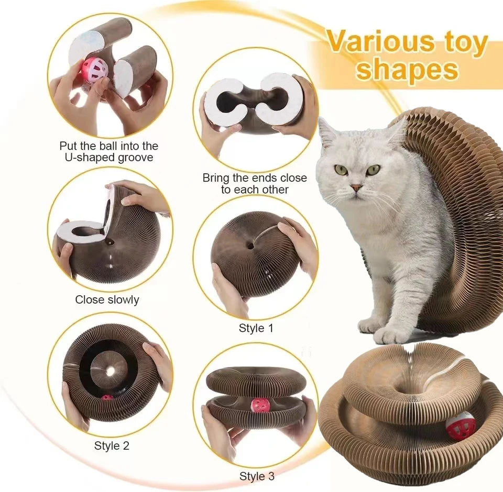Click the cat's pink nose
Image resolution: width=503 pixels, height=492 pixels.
point(356,187)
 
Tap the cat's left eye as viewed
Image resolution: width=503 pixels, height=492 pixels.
point(341,170)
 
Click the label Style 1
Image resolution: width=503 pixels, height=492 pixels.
point(256,328)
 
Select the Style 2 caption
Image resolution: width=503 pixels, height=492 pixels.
point(112,446)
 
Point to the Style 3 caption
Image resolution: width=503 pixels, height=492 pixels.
point(257,476)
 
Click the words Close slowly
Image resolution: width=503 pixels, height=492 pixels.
point(107,299)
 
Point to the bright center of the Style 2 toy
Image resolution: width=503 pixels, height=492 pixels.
point(111,371)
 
